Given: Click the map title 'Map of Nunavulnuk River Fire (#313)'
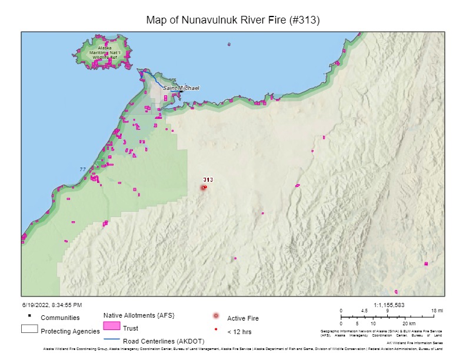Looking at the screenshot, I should pyautogui.click(x=232, y=20).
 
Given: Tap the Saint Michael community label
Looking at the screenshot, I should pyautogui.click(x=181, y=88).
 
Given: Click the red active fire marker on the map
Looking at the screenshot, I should pyautogui.click(x=204, y=188).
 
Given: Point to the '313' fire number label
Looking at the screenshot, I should pyautogui.click(x=208, y=179).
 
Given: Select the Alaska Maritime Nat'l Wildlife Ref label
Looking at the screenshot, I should pyautogui.click(x=105, y=52).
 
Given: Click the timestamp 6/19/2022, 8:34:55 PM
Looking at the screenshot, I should pyautogui.click(x=52, y=305).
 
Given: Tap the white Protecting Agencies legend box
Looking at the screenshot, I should pyautogui.click(x=29, y=329).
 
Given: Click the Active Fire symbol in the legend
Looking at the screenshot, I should pyautogui.click(x=216, y=316).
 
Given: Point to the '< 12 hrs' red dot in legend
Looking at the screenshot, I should pyautogui.click(x=216, y=329).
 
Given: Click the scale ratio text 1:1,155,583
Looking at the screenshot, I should pyautogui.click(x=389, y=305).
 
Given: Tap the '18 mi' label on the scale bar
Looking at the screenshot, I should pyautogui.click(x=437, y=311).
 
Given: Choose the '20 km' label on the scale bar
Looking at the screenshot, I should pyautogui.click(x=408, y=324).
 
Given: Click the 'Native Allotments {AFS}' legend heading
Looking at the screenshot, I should pyautogui.click(x=138, y=316).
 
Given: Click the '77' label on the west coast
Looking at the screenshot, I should pyautogui.click(x=82, y=169).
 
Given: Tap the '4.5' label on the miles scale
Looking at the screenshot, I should pyautogui.click(x=364, y=311).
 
